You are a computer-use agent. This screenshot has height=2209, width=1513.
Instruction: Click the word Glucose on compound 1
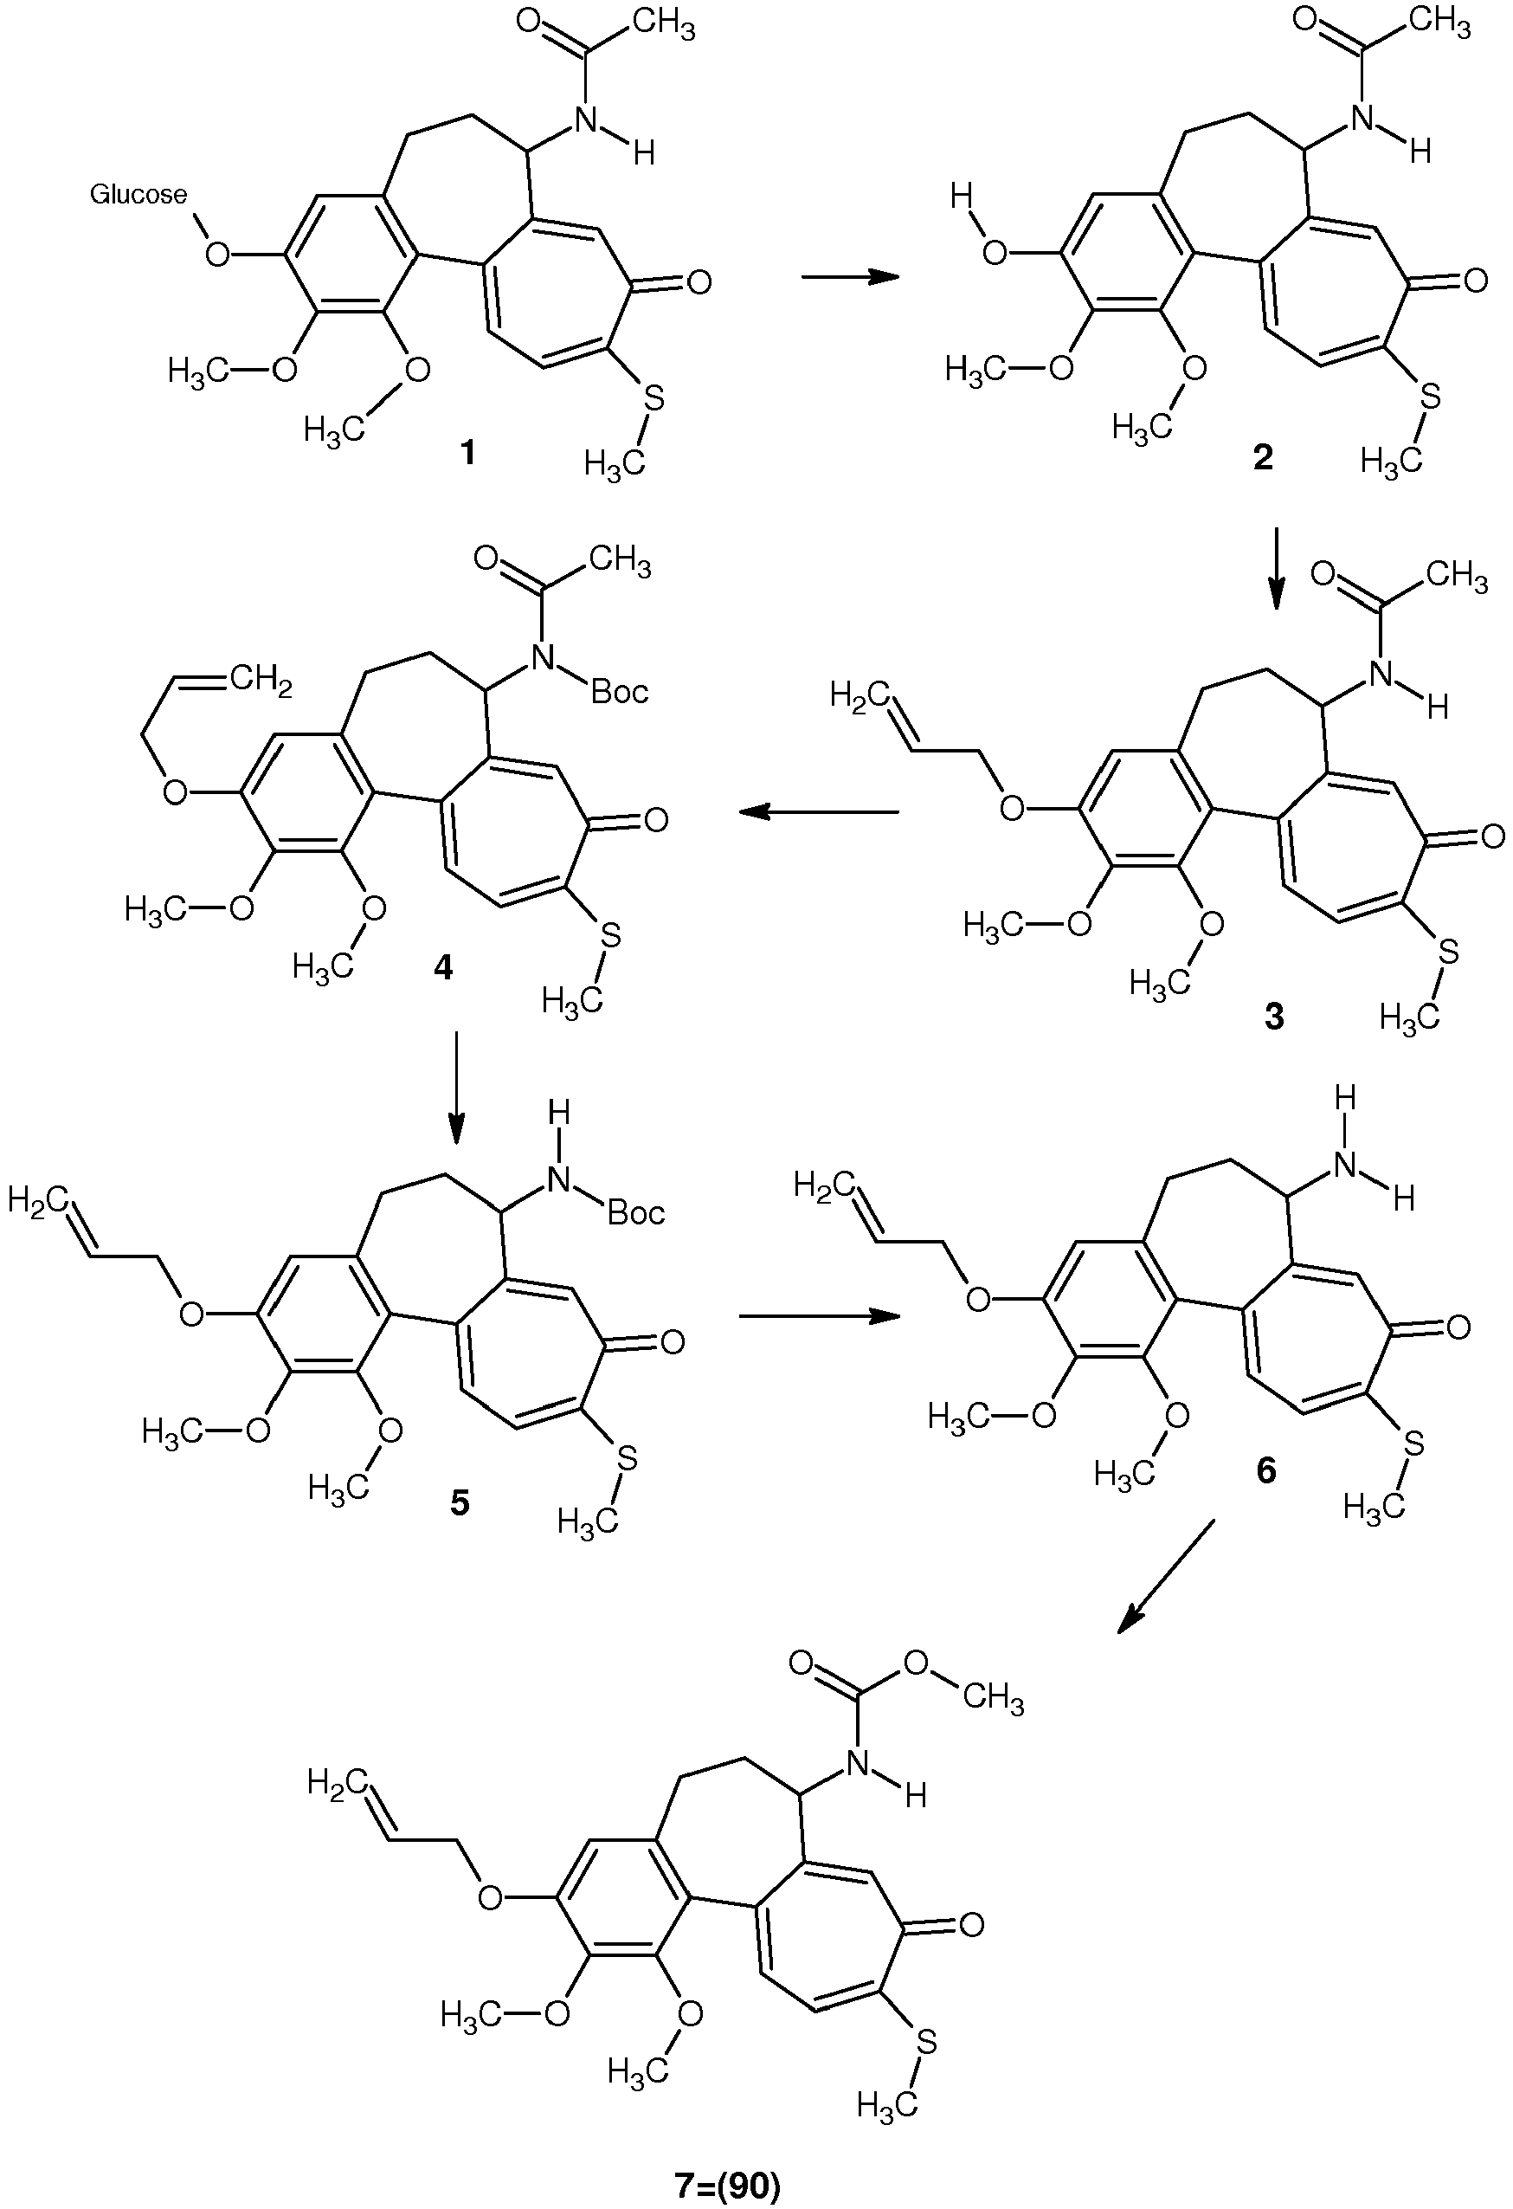pyautogui.click(x=138, y=195)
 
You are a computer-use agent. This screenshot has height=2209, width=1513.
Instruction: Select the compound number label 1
pyautogui.click(x=467, y=455)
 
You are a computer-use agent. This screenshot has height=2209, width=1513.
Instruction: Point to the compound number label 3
pyautogui.click(x=1273, y=1017)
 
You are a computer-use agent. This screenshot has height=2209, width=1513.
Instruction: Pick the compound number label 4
pyautogui.click(x=444, y=967)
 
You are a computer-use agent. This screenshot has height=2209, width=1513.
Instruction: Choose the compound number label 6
pyautogui.click(x=1266, y=1470)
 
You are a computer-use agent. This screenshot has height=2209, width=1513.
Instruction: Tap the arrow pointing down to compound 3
pyautogui.click(x=1277, y=567)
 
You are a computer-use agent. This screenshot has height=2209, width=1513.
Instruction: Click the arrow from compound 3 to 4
pyautogui.click(x=818, y=811)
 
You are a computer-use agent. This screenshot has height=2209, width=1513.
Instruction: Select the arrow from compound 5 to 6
pyautogui.click(x=818, y=1316)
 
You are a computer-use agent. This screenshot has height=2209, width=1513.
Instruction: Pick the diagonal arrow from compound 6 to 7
pyautogui.click(x=1165, y=1577)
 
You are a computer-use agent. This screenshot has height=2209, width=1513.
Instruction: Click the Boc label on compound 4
pyautogui.click(x=620, y=692)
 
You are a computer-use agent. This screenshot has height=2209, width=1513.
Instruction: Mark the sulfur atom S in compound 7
pyautogui.click(x=925, y=2041)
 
